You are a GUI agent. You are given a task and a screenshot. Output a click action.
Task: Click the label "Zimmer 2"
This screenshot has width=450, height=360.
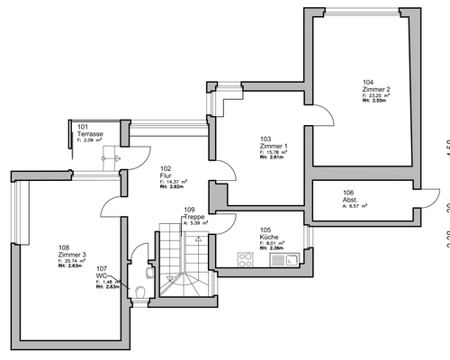(376, 89)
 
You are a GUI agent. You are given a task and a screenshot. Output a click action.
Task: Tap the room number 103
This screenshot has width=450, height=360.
(265, 139)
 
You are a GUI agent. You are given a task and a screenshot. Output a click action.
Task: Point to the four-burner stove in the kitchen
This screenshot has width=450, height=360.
(246, 259)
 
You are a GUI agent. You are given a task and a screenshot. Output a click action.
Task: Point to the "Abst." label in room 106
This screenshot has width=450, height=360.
(350, 199)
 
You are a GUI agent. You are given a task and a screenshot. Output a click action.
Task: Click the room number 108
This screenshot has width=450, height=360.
(63, 247)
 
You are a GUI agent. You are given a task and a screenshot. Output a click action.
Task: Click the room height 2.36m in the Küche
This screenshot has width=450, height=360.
(274, 249)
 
